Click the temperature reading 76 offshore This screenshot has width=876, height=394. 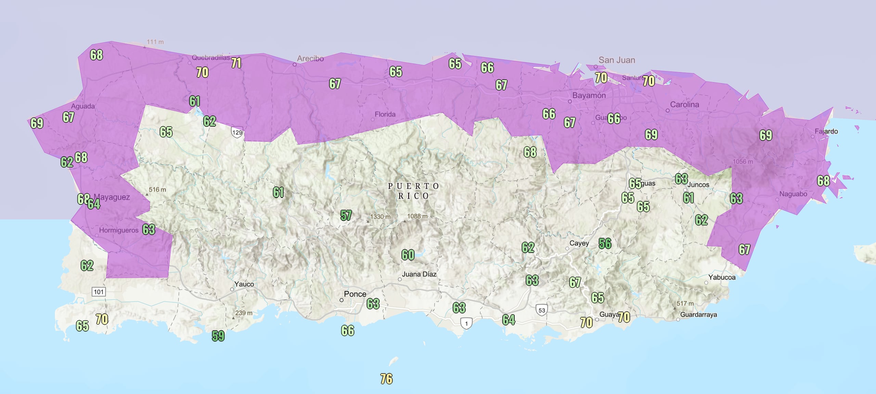coord(386,379)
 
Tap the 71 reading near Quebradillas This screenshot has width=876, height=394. coord(236,63)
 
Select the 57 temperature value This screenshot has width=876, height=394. coord(346,215)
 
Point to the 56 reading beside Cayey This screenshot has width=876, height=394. coord(605,243)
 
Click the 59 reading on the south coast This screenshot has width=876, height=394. coord(218,336)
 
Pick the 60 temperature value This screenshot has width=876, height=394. coord(408,255)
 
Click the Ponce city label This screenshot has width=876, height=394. coord(355,294)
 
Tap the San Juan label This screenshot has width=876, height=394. coord(617,60)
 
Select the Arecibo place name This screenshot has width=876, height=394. coord(310,59)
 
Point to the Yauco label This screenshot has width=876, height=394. coord(244,284)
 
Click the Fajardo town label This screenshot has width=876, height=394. coord(826,131)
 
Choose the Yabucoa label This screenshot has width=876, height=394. coord(722,277)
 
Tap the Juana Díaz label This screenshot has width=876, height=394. coord(419,274)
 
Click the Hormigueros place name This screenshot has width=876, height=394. coord(119,230)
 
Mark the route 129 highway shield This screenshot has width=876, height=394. coord(237,132)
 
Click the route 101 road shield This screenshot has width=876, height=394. coord(99,292)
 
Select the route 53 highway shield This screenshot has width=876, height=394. coord(542,310)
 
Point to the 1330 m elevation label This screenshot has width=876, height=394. coord(380,217)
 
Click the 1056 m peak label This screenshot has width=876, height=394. coord(743,162)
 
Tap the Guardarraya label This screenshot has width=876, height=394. coord(698,315)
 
